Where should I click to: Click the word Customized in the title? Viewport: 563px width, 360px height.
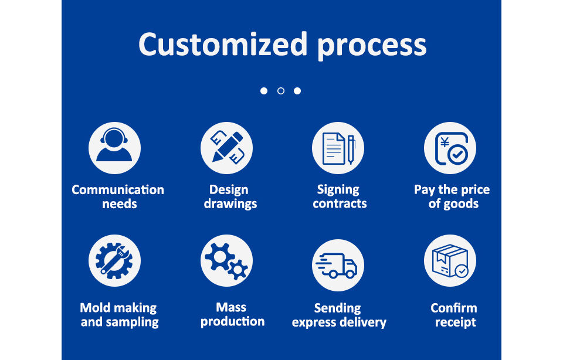223,44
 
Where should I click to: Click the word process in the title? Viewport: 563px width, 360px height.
372,47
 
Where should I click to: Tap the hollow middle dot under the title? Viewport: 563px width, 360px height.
281,91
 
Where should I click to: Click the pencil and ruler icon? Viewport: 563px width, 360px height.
226,148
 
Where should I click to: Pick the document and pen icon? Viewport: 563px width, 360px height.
338,148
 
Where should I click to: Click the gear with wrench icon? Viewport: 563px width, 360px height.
114,260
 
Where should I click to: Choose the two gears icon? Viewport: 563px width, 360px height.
226,260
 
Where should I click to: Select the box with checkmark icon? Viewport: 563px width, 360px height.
450,260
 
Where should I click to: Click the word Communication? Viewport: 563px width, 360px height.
118,189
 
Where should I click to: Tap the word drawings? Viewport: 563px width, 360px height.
230,204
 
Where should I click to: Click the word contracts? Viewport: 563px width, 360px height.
340,204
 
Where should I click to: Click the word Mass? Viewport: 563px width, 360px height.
231,307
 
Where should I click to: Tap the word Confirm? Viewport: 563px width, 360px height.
454,308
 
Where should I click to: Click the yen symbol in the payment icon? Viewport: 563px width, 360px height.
445,142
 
